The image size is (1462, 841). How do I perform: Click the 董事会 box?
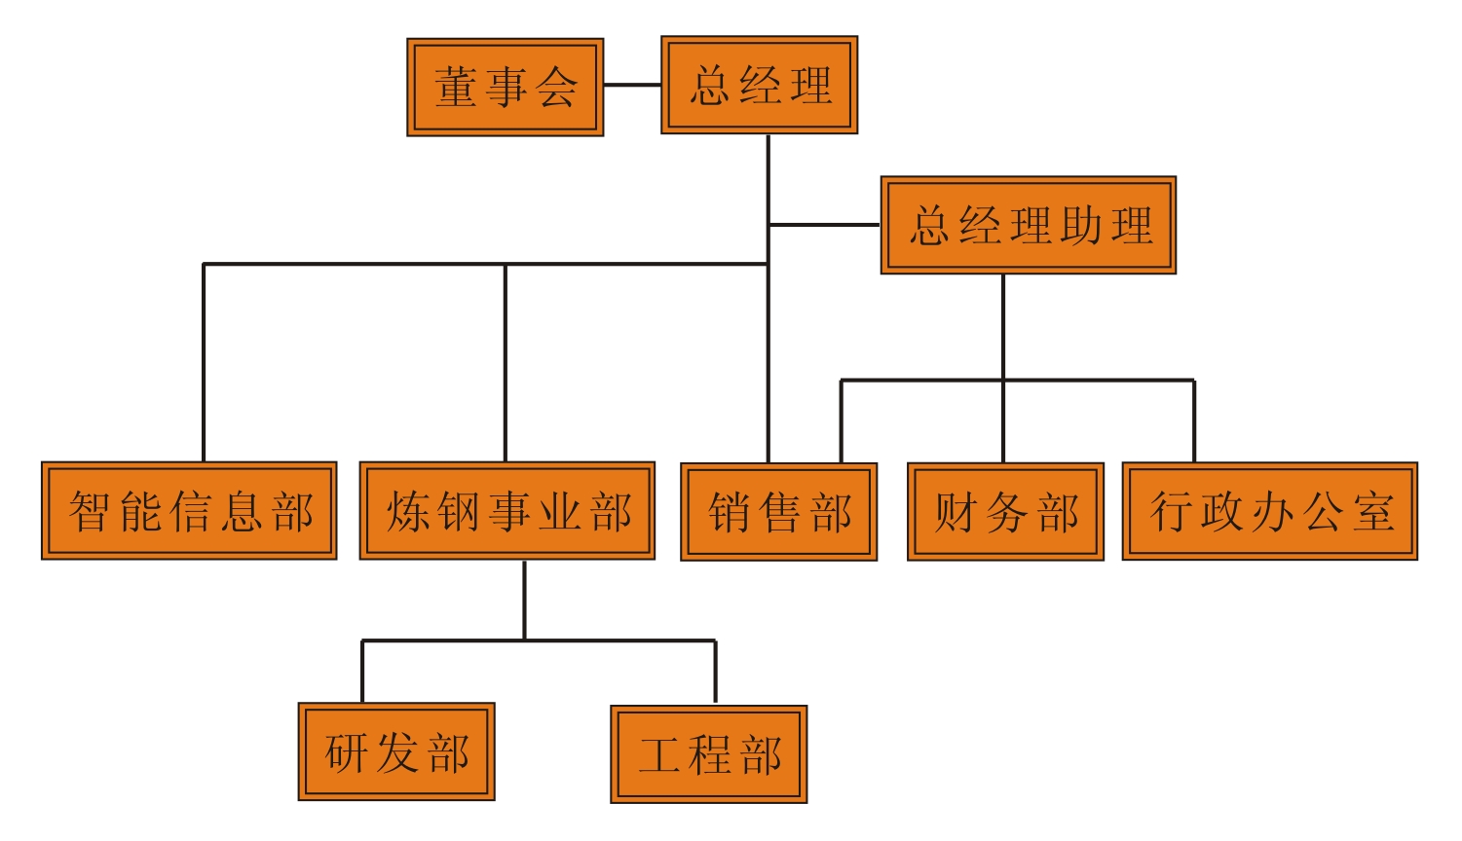[505, 87]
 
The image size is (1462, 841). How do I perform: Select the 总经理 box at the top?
[759, 85]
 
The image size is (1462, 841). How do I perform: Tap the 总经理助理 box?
[1028, 225]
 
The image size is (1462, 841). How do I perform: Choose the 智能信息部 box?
[189, 510]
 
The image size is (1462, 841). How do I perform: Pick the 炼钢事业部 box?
[506, 510]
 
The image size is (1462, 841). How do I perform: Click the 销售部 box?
[778, 511]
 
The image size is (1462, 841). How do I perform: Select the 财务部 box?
[1005, 511]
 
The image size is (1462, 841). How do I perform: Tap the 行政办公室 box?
[1269, 511]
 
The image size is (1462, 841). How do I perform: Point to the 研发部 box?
[396, 751]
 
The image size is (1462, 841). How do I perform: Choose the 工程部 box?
[708, 753]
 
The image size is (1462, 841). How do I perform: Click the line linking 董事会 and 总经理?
[632, 85]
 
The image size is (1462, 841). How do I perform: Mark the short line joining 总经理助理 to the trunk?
[824, 225]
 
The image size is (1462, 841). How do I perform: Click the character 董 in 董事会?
[455, 87]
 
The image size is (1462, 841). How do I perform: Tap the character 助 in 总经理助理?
[1080, 226]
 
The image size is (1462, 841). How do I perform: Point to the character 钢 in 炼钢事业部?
[458, 511]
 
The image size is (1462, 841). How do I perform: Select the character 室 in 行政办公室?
[1372, 512]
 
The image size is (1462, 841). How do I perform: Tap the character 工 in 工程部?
[659, 754]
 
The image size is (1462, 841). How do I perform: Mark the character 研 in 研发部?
[347, 752]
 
